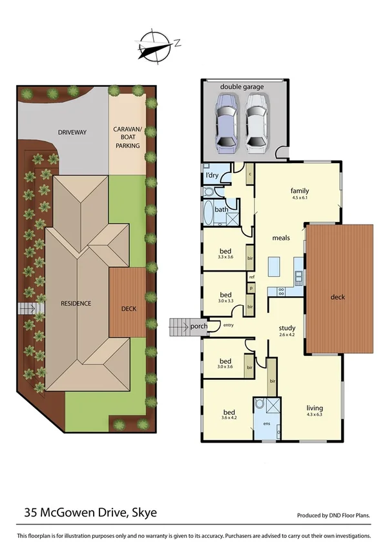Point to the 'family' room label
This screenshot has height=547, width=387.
click(299, 191)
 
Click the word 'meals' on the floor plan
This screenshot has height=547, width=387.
click(280, 237)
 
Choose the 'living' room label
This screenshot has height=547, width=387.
click(315, 408)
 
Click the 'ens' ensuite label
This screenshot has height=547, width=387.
click(267, 423)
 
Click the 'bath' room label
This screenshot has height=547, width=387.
click(221, 209)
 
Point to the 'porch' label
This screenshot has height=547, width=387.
click(199, 326)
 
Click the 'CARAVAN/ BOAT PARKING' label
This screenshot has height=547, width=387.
click(127, 137)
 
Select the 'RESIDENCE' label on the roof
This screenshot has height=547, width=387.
click(76, 303)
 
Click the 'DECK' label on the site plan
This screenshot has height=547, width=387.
click(129, 309)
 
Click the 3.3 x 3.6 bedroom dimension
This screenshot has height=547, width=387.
click(225, 257)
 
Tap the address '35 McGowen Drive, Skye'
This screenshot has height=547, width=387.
click(90, 513)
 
